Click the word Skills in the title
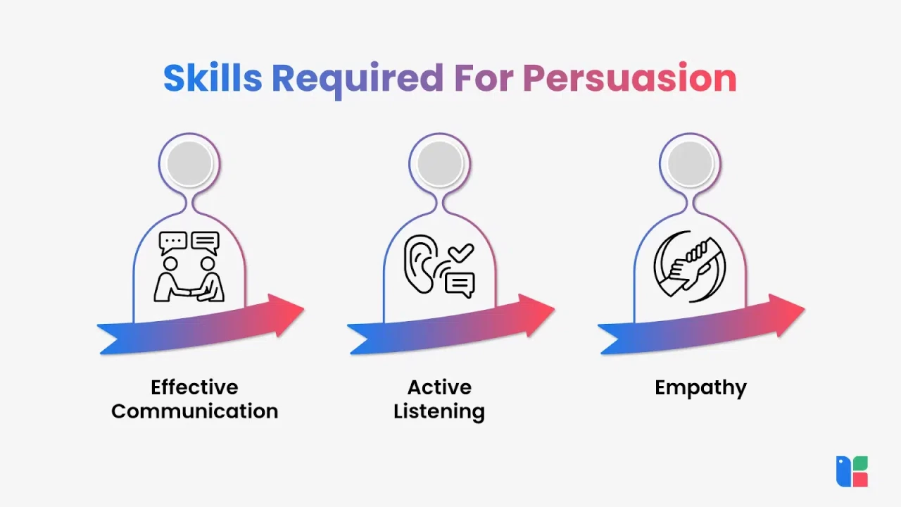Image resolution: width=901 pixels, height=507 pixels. [213, 77]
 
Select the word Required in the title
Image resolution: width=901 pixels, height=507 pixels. [358, 80]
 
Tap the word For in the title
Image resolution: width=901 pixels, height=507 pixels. [484, 78]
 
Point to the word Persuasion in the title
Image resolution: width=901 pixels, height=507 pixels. [630, 77]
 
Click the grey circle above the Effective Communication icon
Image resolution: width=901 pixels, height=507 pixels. [189, 164]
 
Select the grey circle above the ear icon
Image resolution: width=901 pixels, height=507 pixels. [440, 164]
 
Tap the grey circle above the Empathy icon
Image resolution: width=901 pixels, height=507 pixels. [691, 164]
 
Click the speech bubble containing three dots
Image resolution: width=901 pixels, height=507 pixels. [173, 243]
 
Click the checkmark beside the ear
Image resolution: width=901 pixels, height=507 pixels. [461, 253]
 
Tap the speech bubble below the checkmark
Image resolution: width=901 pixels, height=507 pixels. [460, 285]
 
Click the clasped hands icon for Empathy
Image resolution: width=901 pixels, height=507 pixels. [690, 266]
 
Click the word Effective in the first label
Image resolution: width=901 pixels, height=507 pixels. [195, 387]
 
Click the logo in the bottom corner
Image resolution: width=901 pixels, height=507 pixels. [852, 471]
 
